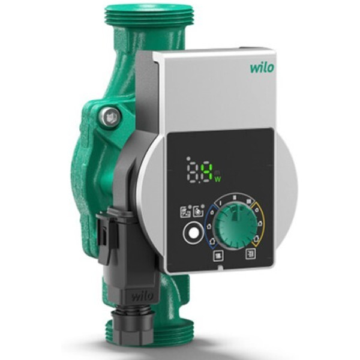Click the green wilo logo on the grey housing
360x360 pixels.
(262, 67)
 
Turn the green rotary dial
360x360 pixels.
(234, 227)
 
